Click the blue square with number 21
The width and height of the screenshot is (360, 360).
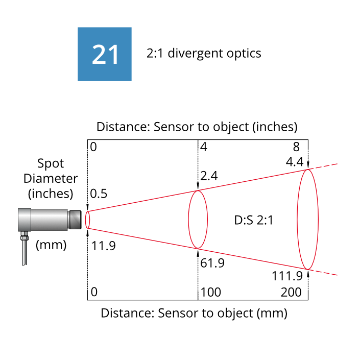point(105,54)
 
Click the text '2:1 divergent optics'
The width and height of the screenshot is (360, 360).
point(204,53)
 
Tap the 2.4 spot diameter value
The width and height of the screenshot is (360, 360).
point(209,176)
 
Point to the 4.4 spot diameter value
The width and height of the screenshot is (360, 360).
point(296,162)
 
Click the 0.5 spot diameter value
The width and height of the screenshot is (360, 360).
point(99,195)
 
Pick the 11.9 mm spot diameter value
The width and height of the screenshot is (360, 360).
point(104,246)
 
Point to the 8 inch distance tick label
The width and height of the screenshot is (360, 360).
point(296,148)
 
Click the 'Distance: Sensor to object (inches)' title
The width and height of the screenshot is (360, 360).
point(197,127)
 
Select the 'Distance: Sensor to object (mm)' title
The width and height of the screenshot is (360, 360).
point(194,313)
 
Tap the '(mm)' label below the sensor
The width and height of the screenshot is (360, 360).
point(51,245)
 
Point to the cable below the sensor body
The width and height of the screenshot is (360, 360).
point(23,253)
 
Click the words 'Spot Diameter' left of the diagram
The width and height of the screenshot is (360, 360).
point(51,171)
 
